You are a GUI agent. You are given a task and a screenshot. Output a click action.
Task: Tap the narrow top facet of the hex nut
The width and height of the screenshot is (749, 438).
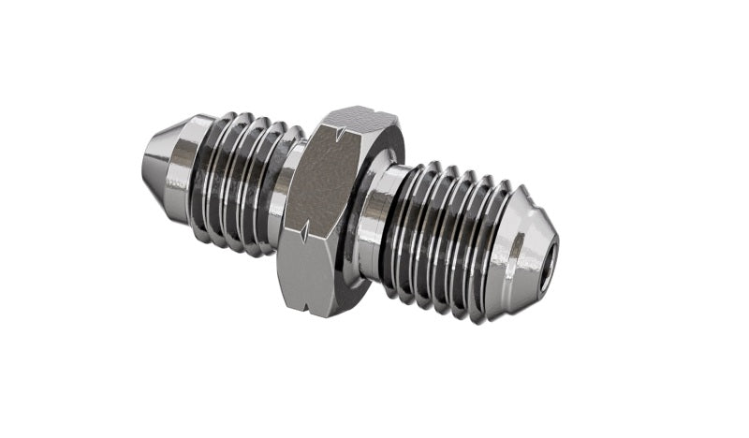(x=356, y=119)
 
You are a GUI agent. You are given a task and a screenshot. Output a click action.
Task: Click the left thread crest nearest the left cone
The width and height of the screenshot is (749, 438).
(x=208, y=173)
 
